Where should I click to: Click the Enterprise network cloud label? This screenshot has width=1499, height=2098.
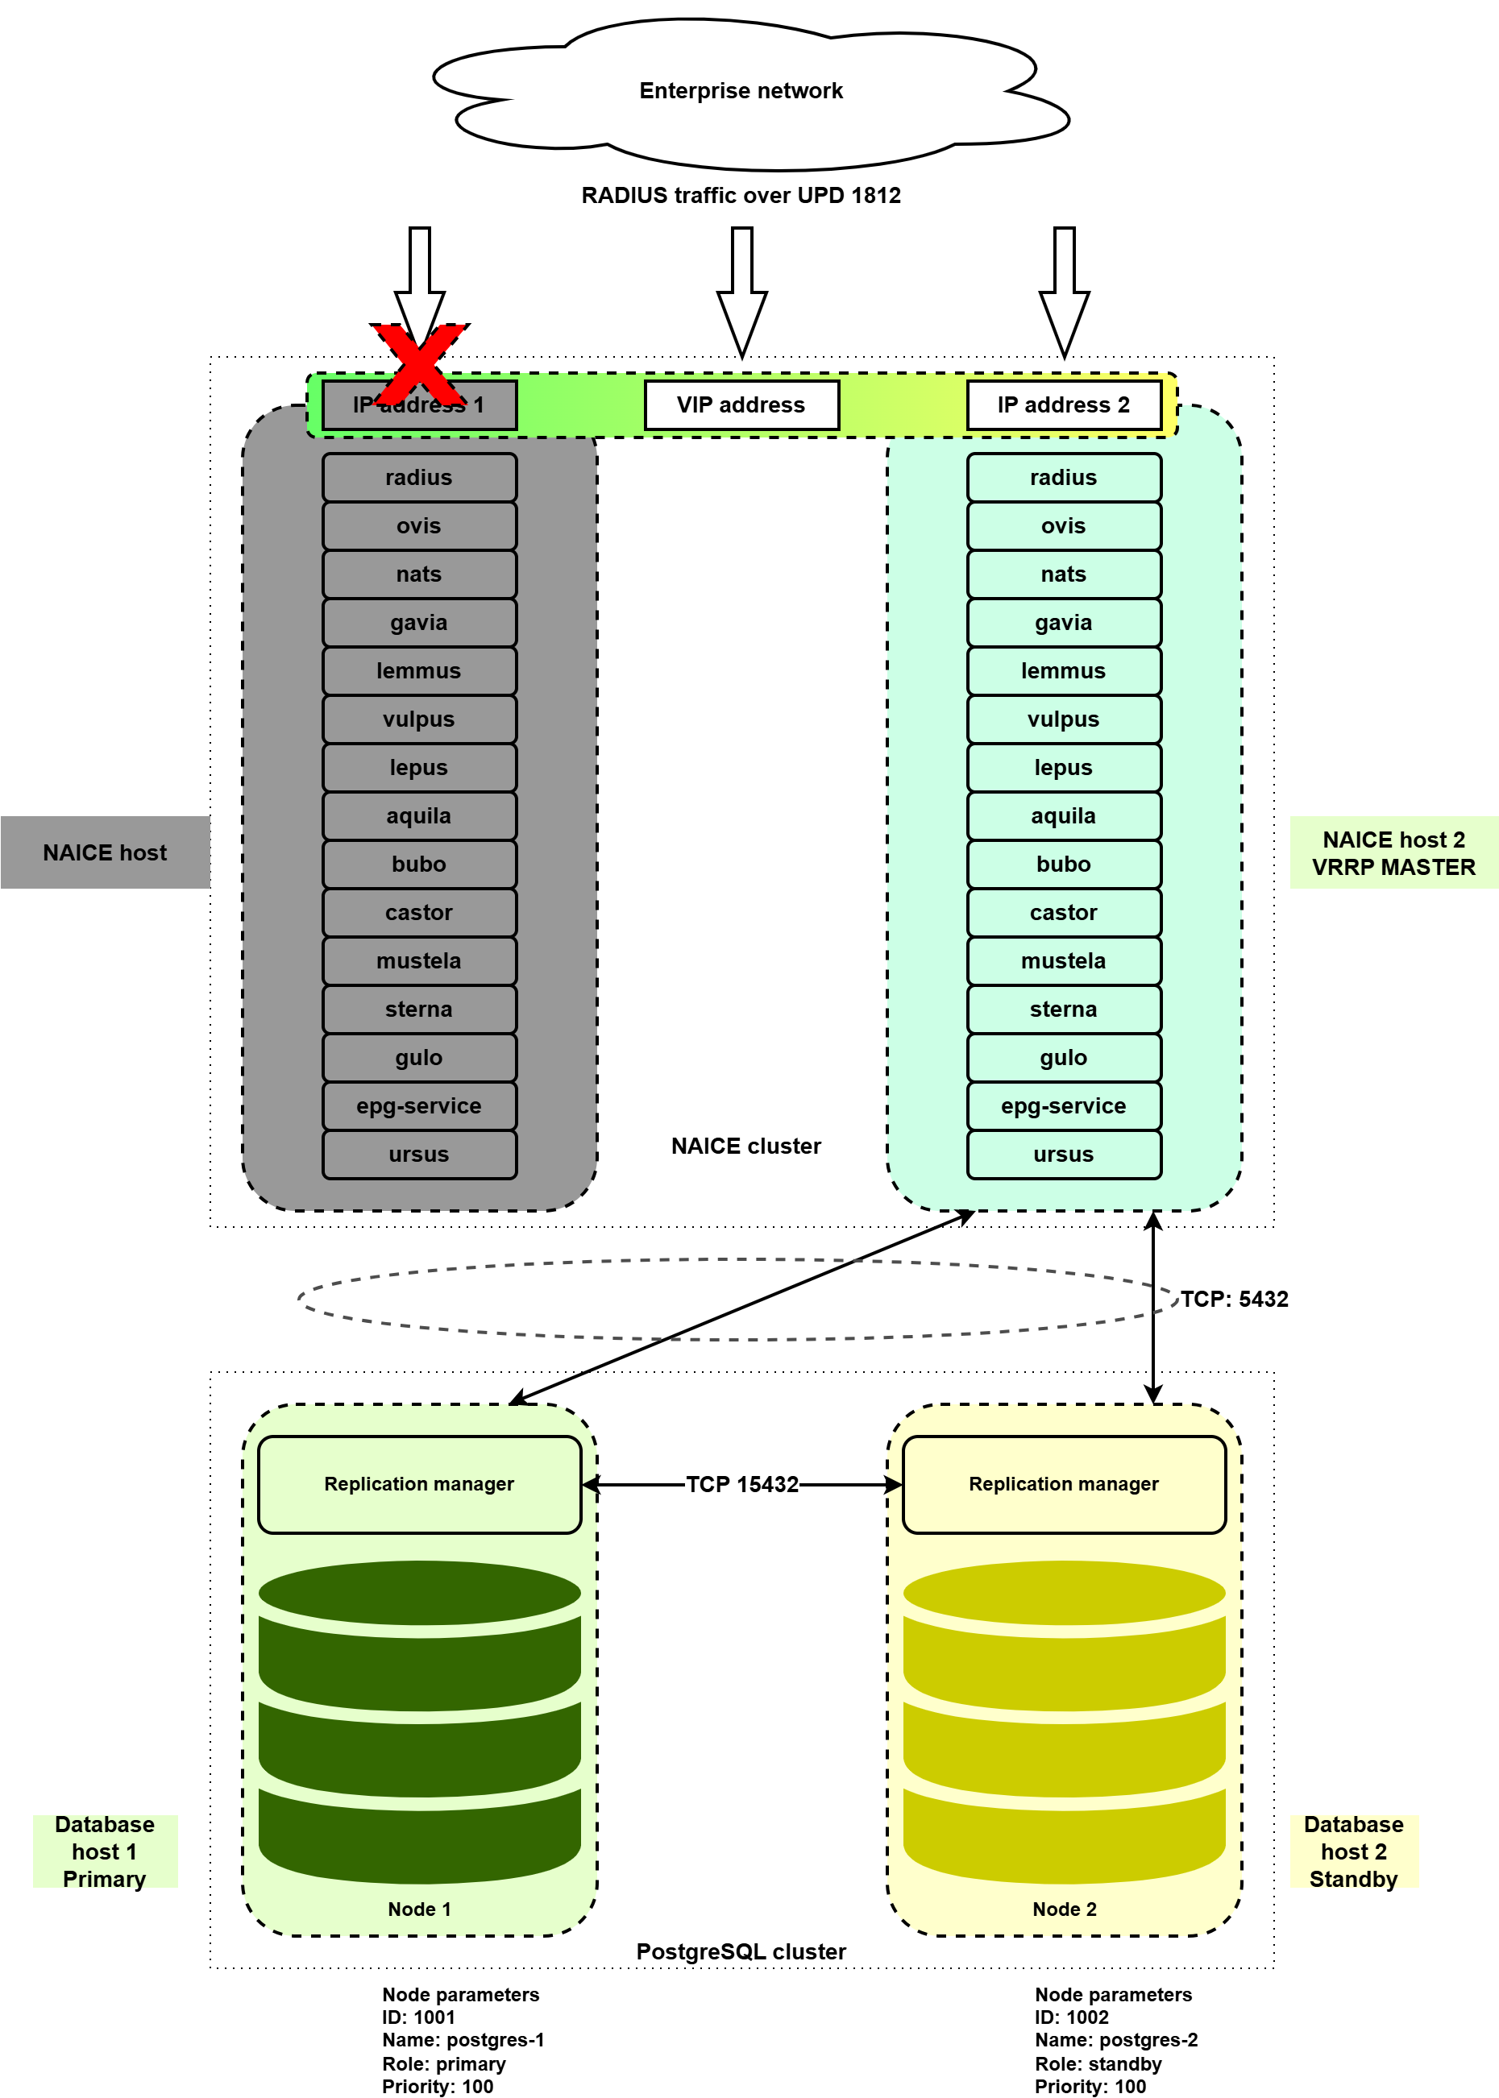click(741, 91)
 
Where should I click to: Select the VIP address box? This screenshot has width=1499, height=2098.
click(741, 405)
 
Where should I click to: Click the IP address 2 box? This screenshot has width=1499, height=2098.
click(1063, 405)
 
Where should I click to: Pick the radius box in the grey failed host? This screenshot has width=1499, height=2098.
click(419, 478)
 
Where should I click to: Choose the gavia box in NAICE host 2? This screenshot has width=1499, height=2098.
click(1063, 623)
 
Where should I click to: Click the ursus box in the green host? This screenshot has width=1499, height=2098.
click(1063, 1155)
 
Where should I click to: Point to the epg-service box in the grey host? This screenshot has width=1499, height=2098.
click(419, 1106)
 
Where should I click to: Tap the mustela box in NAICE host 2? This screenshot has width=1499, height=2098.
click(1063, 961)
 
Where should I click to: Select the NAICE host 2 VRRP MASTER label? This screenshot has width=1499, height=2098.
click(1393, 853)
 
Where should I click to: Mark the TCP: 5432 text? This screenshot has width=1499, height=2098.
click(1234, 1299)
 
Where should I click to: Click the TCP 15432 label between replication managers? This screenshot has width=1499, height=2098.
click(742, 1484)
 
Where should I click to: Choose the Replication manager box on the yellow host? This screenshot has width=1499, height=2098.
click(1063, 1484)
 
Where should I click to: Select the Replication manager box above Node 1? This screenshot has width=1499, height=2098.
click(419, 1484)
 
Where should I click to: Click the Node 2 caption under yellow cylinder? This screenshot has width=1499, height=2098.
click(1065, 1909)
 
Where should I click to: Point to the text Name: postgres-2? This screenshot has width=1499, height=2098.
click(1116, 2040)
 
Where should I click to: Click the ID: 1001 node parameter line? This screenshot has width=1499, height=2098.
click(419, 2017)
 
